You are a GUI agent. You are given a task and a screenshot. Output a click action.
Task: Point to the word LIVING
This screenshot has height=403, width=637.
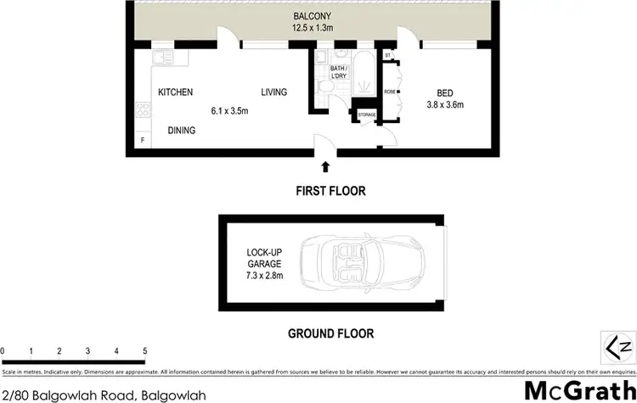[x=273, y=92]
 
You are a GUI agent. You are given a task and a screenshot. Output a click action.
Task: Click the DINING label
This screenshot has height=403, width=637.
[x=181, y=131]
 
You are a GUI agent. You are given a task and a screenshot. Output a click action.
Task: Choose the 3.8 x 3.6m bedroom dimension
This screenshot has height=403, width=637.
[x=445, y=105]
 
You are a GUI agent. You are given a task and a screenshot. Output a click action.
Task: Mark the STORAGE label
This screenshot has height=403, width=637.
[x=367, y=115]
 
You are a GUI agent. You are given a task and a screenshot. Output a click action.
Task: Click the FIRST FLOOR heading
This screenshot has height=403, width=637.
[x=330, y=192]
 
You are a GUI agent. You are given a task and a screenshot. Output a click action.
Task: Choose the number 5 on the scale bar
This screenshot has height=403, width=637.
[x=144, y=350]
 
